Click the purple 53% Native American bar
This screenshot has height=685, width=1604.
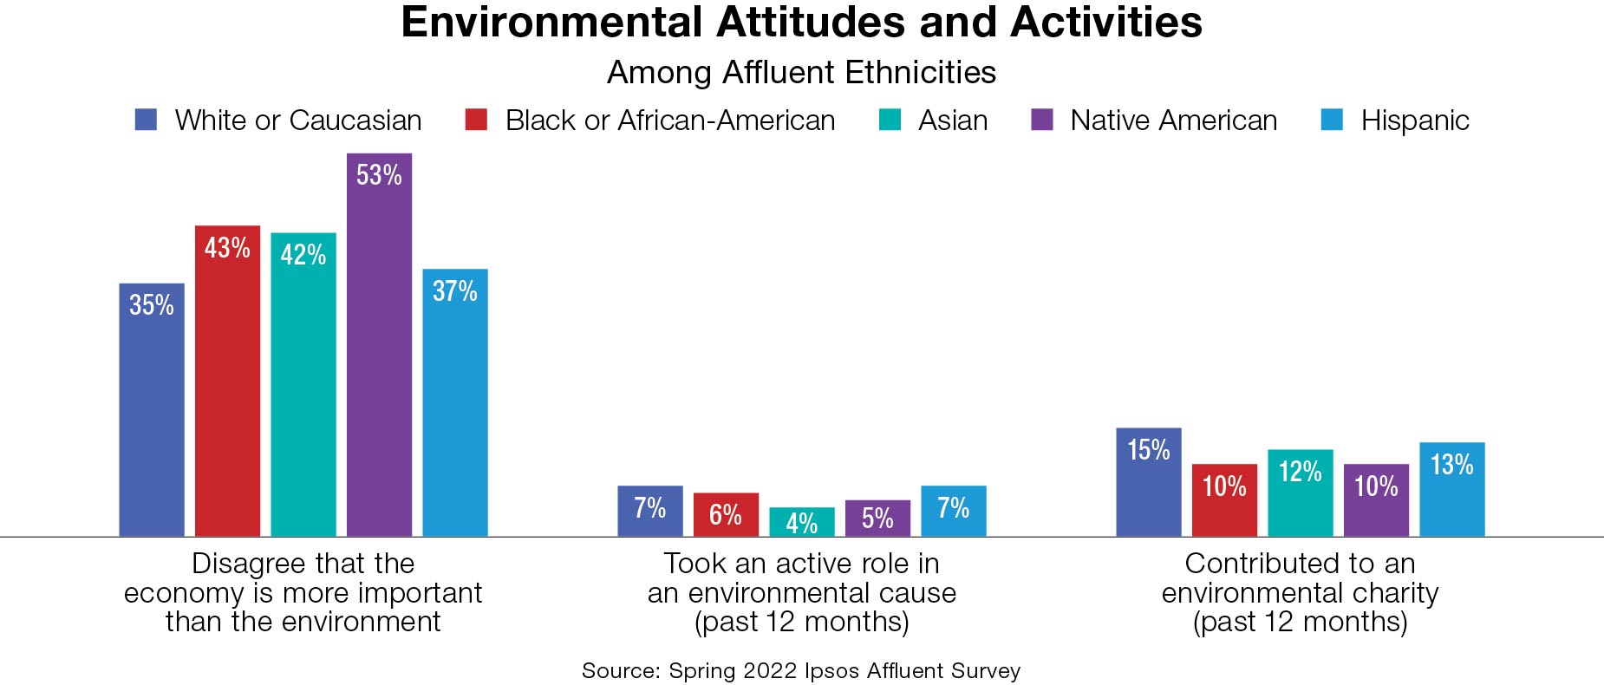pos(379,347)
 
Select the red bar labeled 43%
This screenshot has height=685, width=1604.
pos(227,382)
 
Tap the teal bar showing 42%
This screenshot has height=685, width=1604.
pos(303,386)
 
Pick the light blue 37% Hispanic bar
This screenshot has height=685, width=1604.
pos(455,403)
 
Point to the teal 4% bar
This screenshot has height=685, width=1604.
pos(801,522)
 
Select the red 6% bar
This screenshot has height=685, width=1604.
pos(726,515)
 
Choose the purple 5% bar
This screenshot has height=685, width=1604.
pos(877,519)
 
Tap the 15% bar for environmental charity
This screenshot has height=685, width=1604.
pos(1148,482)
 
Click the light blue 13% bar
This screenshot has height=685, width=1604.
pos(1451,490)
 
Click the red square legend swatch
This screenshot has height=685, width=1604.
pos(476,120)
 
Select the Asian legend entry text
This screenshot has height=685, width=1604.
pos(952,121)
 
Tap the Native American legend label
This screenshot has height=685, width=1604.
pos(1173,121)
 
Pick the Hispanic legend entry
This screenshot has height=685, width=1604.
pos(1414,121)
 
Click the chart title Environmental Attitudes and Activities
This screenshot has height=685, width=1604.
pos(801,23)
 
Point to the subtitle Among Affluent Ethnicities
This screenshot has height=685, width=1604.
pos(801,73)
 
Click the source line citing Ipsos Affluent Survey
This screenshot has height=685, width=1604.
pos(801,671)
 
